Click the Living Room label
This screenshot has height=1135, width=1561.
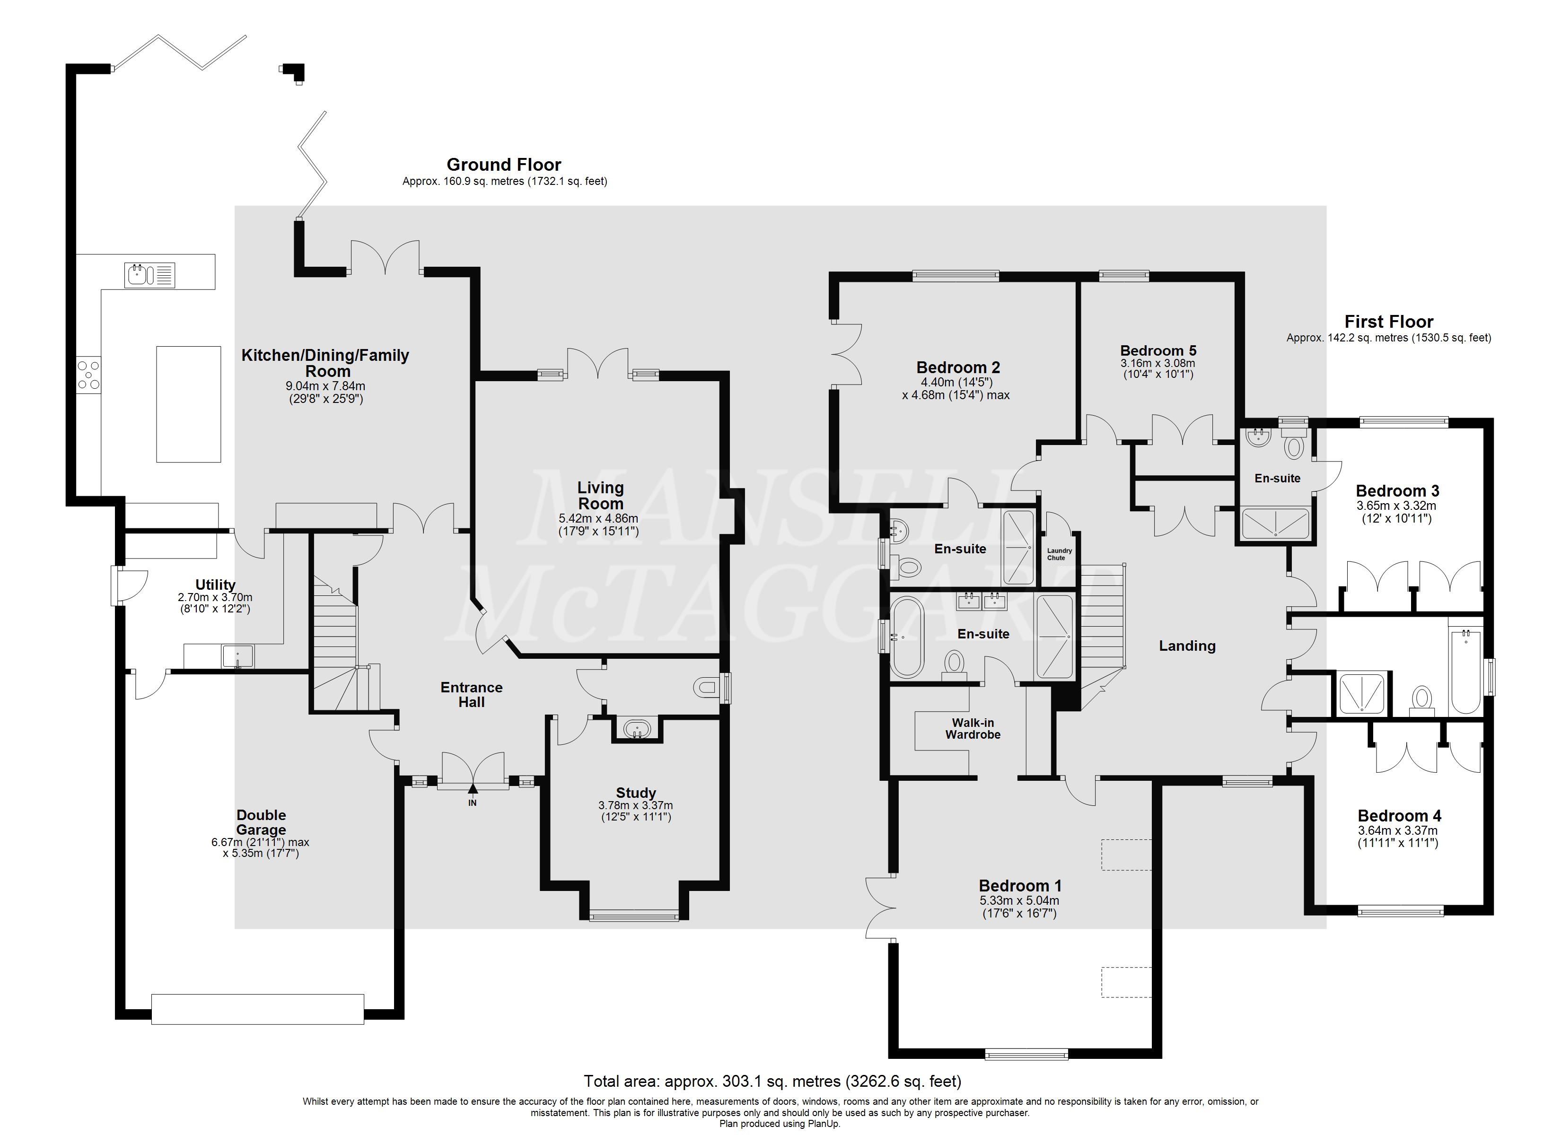(600, 496)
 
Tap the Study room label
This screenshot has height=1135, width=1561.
(635, 793)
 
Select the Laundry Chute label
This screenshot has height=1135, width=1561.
(1059, 554)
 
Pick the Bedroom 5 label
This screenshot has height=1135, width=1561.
(1158, 351)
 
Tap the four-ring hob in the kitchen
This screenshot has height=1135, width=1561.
(89, 375)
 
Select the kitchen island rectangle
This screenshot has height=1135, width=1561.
(189, 404)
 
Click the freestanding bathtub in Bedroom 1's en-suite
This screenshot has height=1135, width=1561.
(906, 637)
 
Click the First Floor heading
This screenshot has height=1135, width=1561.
(1389, 322)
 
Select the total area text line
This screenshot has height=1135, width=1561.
(772, 1081)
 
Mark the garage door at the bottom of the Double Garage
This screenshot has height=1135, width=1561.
(257, 1009)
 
